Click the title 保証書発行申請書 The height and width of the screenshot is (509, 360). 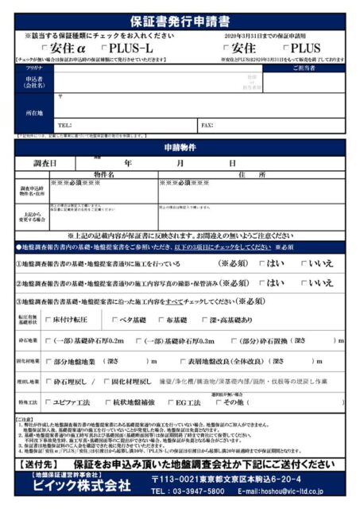[x=180, y=21]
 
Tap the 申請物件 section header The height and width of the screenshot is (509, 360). [x=180, y=148]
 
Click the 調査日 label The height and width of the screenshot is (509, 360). [x=45, y=163]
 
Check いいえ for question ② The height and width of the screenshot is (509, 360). [x=303, y=283]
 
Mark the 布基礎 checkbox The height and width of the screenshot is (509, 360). [x=161, y=321]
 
